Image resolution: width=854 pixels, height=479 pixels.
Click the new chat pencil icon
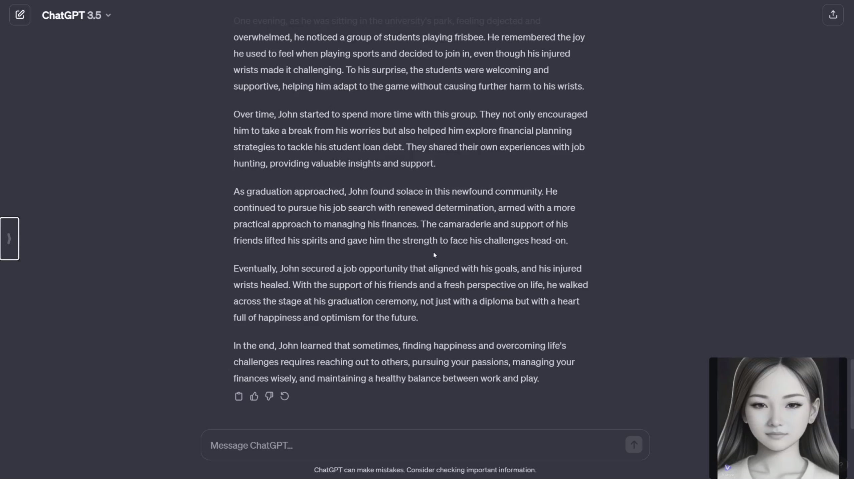pyautogui.click(x=20, y=15)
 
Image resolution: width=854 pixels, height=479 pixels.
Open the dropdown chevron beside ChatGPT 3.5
pyautogui.click(x=108, y=15)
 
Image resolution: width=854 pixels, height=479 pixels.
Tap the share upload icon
pyautogui.click(x=833, y=15)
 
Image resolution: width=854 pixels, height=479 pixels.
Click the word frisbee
pyautogui.click(x=469, y=37)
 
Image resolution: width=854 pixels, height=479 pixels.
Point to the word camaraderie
pyautogui.click(x=465, y=224)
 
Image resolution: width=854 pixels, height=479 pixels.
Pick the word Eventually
pyautogui.click(x=255, y=268)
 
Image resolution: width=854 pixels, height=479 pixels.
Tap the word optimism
pyautogui.click(x=340, y=317)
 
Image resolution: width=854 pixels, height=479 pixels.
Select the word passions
pyautogui.click(x=493, y=362)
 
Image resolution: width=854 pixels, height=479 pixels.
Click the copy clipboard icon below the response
pyautogui.click(x=238, y=396)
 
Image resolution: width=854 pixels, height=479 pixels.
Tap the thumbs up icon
pyautogui.click(x=254, y=396)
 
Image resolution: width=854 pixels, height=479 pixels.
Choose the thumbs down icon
pyautogui.click(x=269, y=396)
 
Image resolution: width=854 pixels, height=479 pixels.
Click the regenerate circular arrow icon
pyautogui.click(x=285, y=396)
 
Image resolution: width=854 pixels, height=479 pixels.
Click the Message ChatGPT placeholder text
pyautogui.click(x=251, y=445)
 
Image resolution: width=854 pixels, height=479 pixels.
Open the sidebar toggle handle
pyautogui.click(x=10, y=238)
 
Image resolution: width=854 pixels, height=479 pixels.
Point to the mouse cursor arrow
pyautogui.click(x=435, y=255)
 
